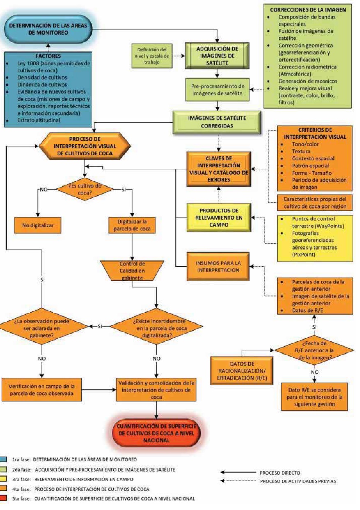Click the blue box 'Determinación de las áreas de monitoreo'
(49, 28)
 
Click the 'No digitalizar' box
(38, 225)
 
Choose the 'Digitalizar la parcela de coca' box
(130, 225)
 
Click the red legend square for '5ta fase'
(4, 499)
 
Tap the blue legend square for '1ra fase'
(4, 459)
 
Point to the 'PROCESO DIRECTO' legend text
(280, 473)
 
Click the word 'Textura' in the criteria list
(289, 151)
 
